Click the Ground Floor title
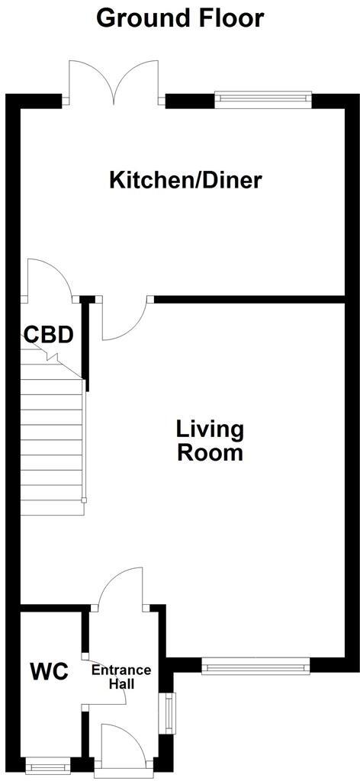(180, 17)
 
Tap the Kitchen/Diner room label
(185, 181)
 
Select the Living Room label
(210, 441)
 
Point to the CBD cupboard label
(48, 335)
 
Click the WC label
(50, 672)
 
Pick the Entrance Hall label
(121, 677)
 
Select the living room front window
(256, 667)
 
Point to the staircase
(51, 439)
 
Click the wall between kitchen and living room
(252, 299)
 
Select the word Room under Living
(210, 452)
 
